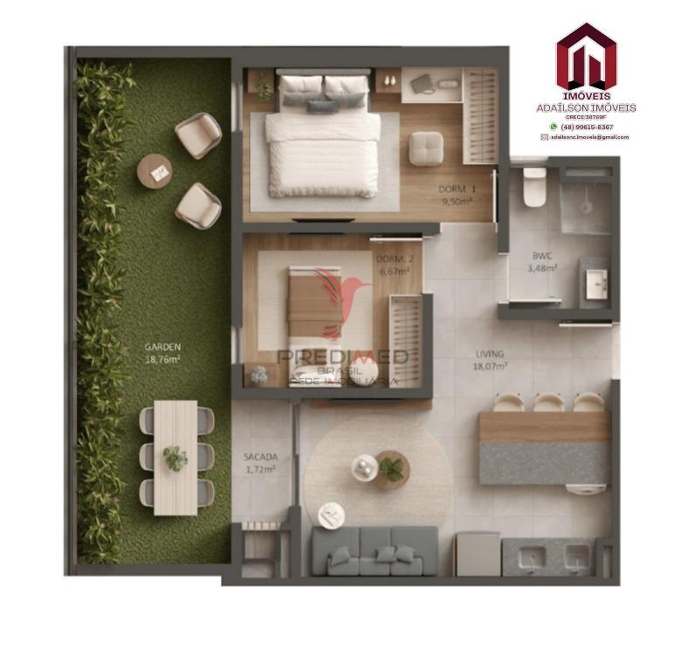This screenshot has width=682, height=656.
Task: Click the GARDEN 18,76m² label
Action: click(162, 351)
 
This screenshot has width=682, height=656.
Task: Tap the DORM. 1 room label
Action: click(456, 195)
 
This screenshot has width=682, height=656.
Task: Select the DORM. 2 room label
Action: click(393, 265)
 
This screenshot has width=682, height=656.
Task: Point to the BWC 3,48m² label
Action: click(543, 263)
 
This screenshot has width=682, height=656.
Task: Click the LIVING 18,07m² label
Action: click(491, 360)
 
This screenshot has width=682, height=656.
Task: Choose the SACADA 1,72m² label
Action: click(260, 462)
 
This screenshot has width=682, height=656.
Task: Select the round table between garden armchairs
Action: click(157, 171)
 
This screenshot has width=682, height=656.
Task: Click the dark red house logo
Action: click(586, 58)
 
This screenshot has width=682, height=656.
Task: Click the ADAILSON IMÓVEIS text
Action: click(586, 107)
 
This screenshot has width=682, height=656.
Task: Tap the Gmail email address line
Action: click(590, 137)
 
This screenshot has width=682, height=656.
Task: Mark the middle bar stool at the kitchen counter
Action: click(548, 403)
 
